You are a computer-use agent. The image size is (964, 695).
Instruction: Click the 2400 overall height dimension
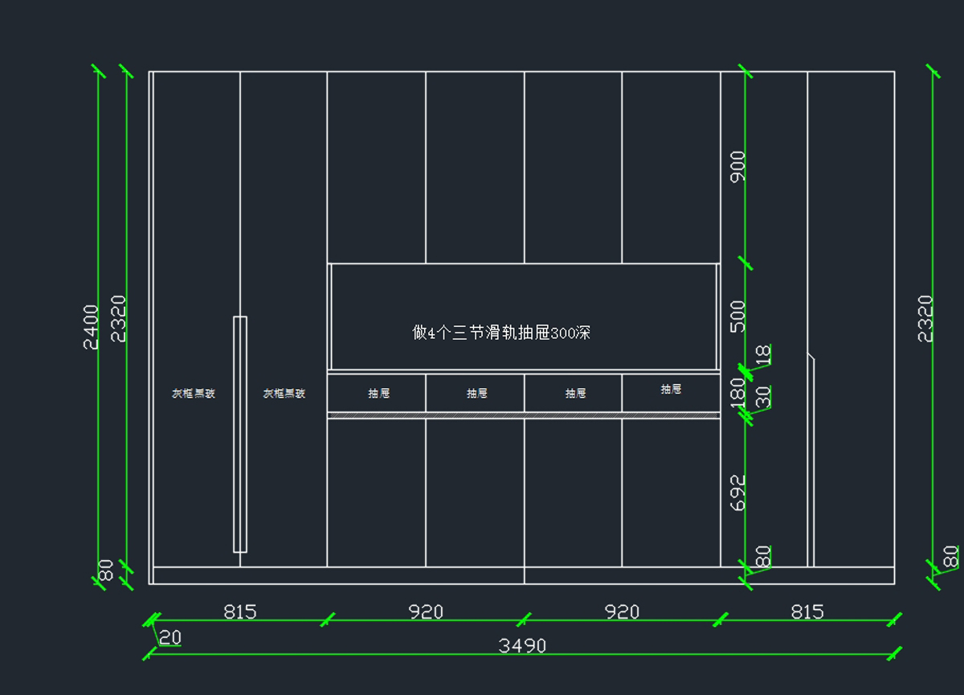[91, 326]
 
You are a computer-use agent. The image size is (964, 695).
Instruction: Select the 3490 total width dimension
[522, 645]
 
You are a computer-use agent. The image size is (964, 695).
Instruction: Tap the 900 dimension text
[737, 166]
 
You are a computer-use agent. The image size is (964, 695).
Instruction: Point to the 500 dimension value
[737, 316]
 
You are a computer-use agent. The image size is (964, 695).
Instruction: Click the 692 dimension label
[737, 492]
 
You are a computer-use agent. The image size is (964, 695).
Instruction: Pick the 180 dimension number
[737, 394]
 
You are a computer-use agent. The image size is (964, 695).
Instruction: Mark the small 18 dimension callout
[764, 354]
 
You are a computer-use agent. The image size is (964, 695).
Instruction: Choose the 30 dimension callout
[764, 396]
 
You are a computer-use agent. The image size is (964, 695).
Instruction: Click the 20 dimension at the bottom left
[170, 637]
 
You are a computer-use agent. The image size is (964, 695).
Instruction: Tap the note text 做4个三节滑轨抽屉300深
[501, 332]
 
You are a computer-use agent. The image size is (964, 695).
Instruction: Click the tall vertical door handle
[239, 434]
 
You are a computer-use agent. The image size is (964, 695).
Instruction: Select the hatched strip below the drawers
[523, 415]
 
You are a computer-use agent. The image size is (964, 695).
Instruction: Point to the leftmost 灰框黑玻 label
[194, 393]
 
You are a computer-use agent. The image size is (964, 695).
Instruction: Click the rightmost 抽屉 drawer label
[671, 389]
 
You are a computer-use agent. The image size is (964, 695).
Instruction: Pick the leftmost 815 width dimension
[239, 611]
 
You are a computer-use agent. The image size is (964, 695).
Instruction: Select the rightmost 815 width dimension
[807, 611]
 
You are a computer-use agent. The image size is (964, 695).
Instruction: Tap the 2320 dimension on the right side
[926, 318]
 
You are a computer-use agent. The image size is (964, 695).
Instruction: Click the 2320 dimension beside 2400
[118, 318]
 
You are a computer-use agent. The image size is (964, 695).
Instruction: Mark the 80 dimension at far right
[950, 556]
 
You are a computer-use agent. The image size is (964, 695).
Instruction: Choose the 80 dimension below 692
[764, 555]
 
